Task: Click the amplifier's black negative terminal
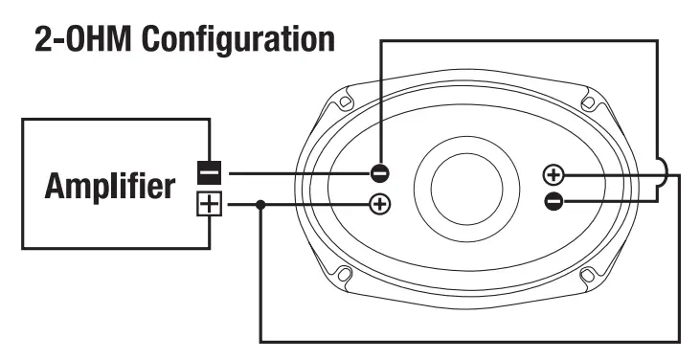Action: tap(208, 173)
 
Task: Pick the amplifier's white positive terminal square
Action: tap(208, 204)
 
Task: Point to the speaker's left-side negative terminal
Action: tap(380, 173)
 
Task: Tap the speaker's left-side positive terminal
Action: tap(380, 204)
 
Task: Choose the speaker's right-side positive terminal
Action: tap(553, 174)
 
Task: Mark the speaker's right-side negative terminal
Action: tap(553, 200)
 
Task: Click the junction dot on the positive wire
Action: tap(261, 204)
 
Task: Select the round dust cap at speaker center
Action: tap(466, 186)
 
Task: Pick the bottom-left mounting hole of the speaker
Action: tap(347, 277)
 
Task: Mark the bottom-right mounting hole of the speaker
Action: tap(586, 277)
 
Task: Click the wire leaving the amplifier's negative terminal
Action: tap(297, 173)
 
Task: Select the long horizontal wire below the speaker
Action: tap(469, 341)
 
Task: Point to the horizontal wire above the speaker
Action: tap(517, 40)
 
